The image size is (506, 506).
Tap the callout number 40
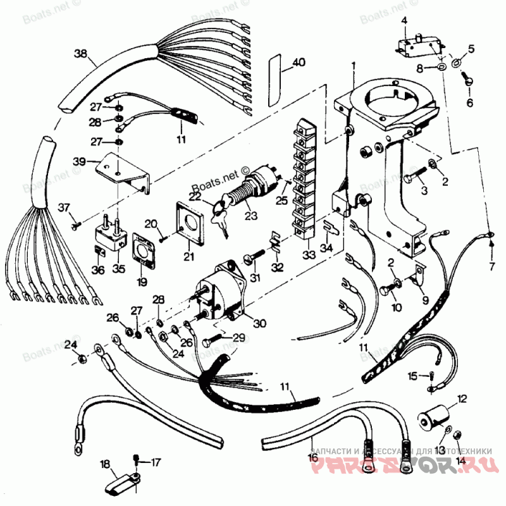click(299, 63)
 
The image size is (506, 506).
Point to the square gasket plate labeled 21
click(190, 225)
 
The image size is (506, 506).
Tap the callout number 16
click(312, 456)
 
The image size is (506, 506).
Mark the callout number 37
click(65, 207)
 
